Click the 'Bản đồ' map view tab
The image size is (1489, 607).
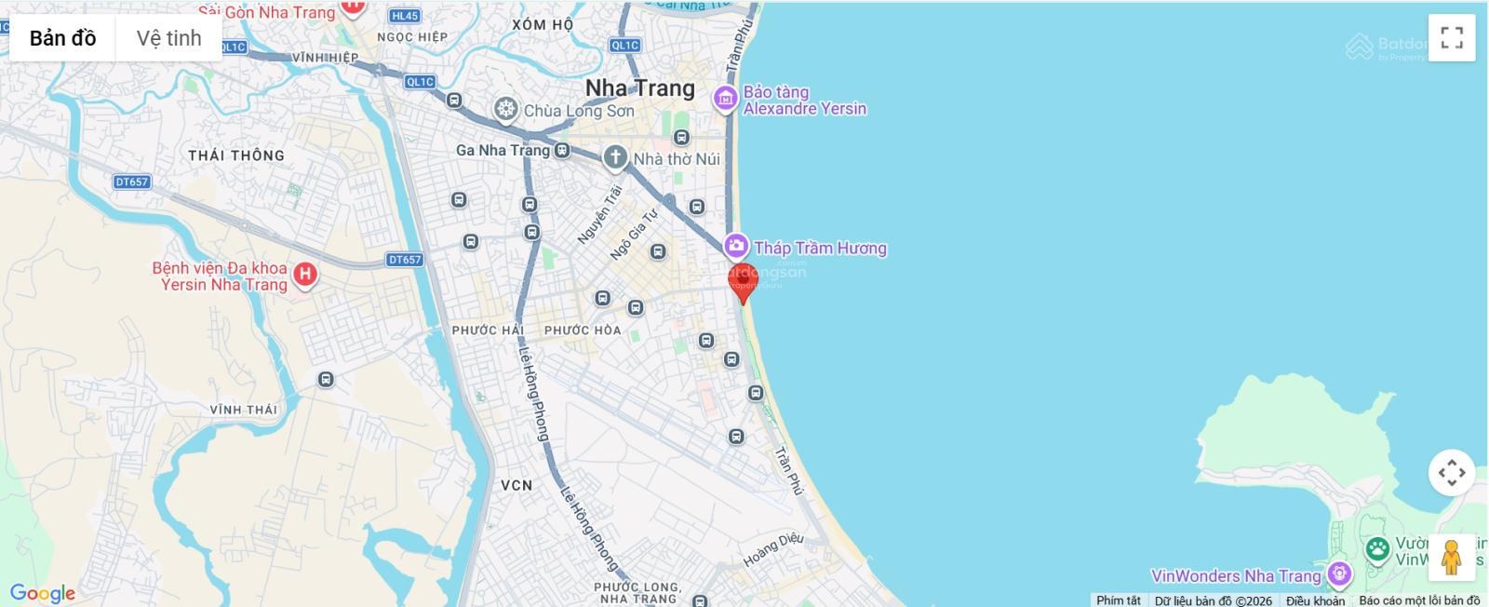(x=62, y=38)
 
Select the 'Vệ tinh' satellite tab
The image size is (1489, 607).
(x=168, y=38)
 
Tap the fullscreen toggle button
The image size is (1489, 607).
(x=1451, y=38)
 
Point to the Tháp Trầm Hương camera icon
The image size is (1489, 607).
(x=736, y=247)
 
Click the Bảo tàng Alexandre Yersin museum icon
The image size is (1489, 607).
(x=725, y=98)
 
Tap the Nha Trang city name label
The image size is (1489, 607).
(x=639, y=88)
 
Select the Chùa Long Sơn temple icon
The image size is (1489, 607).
(x=505, y=110)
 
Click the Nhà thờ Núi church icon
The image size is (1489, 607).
(x=614, y=157)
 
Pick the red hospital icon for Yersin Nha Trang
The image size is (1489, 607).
(x=304, y=274)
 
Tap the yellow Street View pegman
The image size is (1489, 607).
(x=1451, y=558)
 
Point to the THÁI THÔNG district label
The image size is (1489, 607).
(x=236, y=155)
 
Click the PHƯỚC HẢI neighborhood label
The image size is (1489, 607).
(x=488, y=330)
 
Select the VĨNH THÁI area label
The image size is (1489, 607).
(x=243, y=410)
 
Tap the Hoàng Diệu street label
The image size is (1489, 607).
(x=772, y=550)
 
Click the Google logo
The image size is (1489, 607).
(x=42, y=593)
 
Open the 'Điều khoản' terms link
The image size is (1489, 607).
(x=1315, y=600)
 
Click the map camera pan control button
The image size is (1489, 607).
(x=1451, y=473)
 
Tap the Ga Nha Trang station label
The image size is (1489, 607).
(x=503, y=150)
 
